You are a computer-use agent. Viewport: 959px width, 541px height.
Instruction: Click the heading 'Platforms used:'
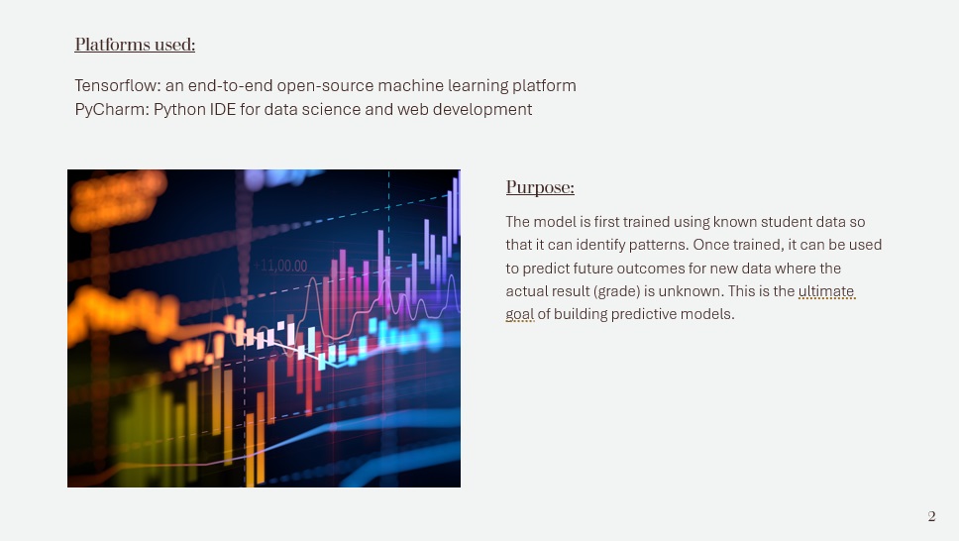135,45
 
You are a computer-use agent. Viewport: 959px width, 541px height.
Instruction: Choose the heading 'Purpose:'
540,187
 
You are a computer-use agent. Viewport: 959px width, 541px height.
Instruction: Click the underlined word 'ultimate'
826,291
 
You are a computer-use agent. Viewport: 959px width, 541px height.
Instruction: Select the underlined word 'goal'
520,314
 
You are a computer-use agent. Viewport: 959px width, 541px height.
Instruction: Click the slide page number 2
931,516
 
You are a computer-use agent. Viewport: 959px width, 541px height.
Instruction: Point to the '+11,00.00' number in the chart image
280,266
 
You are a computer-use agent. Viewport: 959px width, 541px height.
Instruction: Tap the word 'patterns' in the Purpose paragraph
659,245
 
